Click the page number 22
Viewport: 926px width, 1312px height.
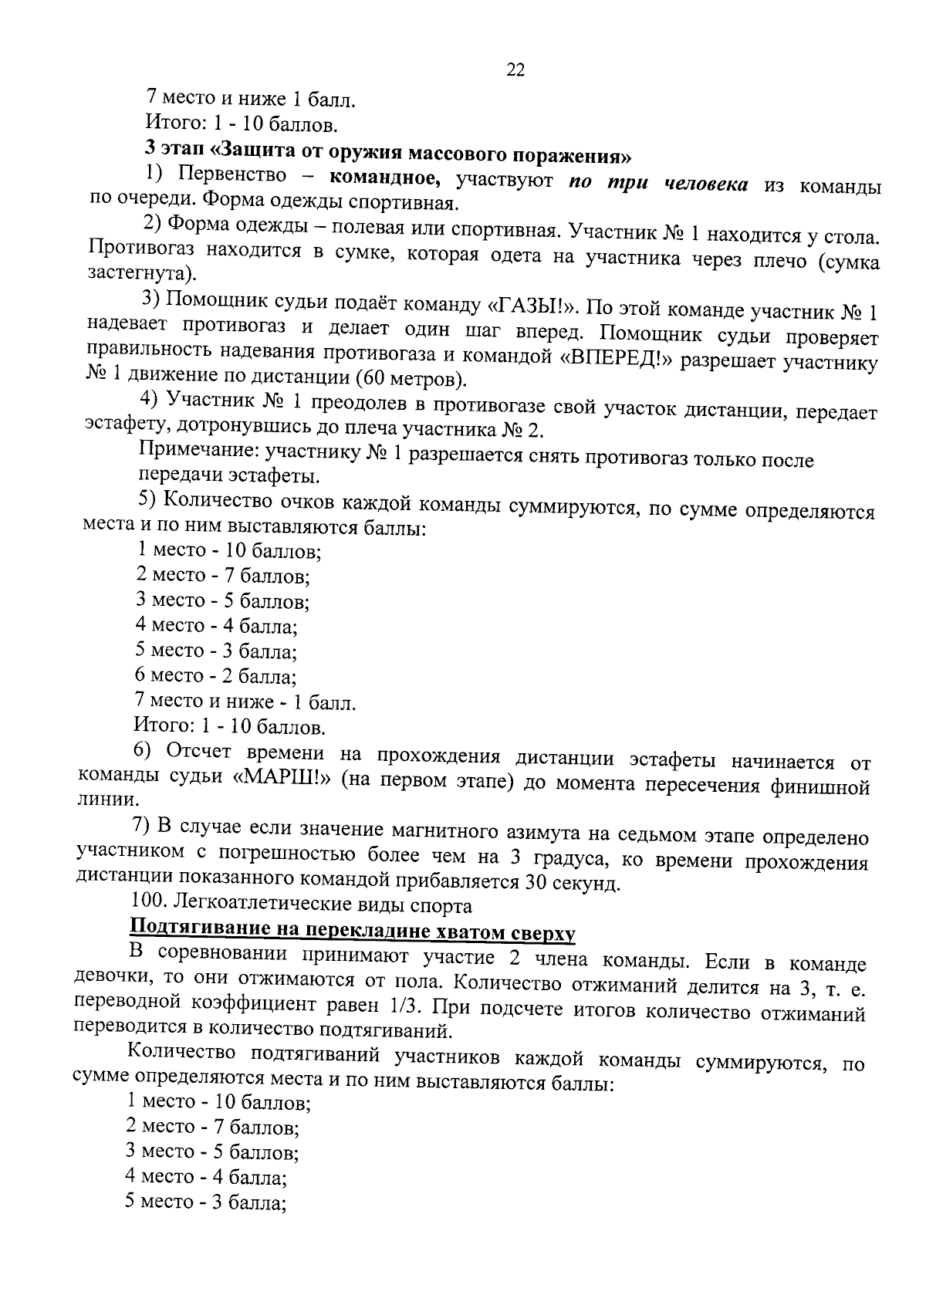tap(515, 69)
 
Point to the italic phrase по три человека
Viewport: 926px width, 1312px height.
tap(657, 182)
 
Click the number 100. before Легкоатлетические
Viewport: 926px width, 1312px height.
tap(149, 901)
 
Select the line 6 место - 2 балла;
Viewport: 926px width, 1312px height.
tap(216, 675)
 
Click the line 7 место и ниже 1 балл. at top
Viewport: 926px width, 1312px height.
tap(251, 99)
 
